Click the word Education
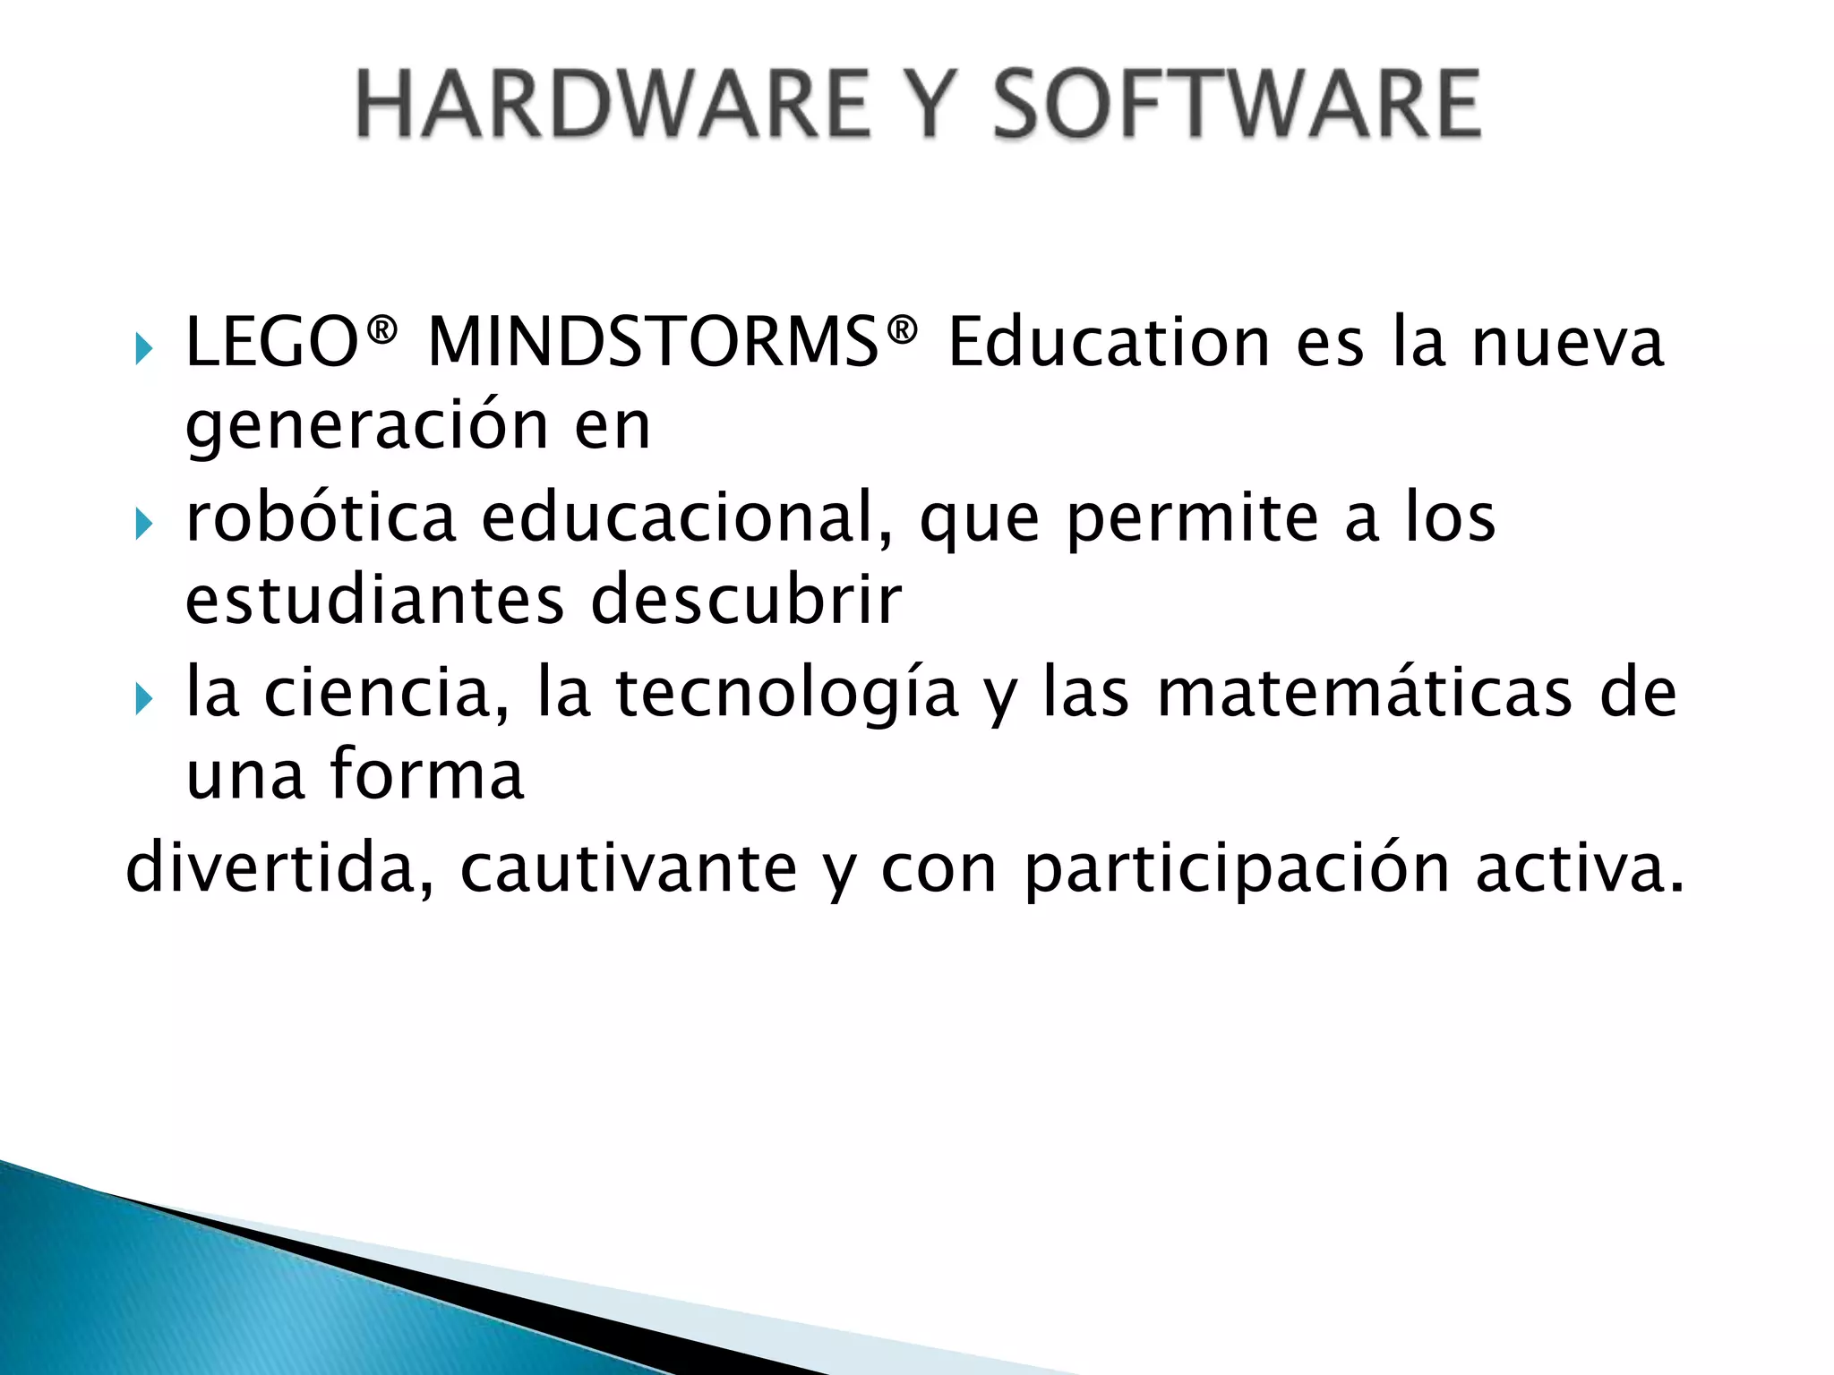coord(1109,343)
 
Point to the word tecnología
coord(786,694)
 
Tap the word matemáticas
coord(1364,694)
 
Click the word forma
coord(427,774)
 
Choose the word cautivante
coord(629,868)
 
